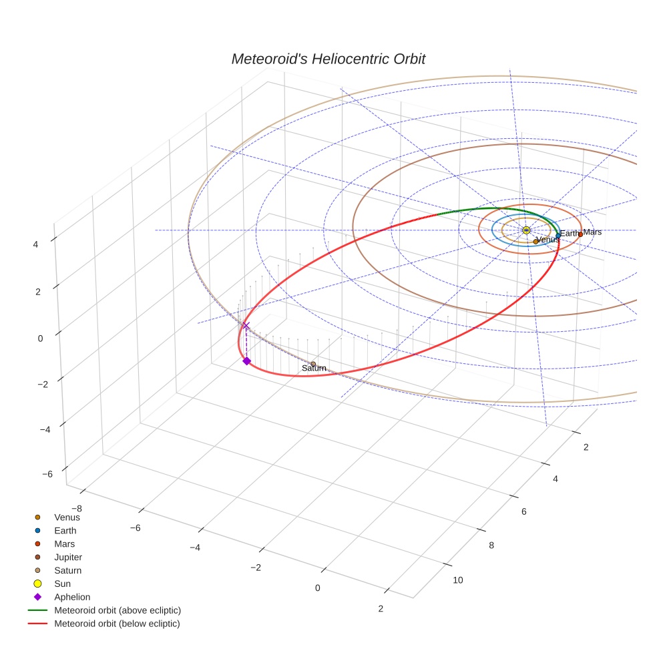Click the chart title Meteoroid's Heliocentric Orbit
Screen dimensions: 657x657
[x=328, y=59]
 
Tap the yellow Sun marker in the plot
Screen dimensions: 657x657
[x=526, y=230]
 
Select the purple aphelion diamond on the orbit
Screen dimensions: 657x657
[x=246, y=361]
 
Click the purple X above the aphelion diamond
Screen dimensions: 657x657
[x=246, y=325]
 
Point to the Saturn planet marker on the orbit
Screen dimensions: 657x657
[x=313, y=364]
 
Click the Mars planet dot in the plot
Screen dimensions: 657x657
[x=580, y=234]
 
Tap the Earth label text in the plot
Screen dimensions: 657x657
[x=570, y=234]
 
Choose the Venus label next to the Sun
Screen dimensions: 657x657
[x=548, y=240]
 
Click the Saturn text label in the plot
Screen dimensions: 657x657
[x=314, y=369]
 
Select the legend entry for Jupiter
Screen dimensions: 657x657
[x=68, y=557]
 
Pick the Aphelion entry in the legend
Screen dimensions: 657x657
[x=72, y=597]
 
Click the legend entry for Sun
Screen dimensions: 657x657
[x=62, y=584]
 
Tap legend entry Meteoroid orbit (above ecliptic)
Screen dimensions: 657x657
[x=118, y=610]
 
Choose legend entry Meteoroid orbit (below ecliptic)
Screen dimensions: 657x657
[x=118, y=624]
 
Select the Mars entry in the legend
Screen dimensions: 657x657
[x=64, y=543]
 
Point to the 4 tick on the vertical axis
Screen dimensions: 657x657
[x=35, y=244]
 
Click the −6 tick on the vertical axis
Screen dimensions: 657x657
[x=47, y=474]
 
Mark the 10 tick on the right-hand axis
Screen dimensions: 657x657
[x=458, y=580]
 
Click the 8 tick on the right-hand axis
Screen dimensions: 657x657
[x=492, y=545]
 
